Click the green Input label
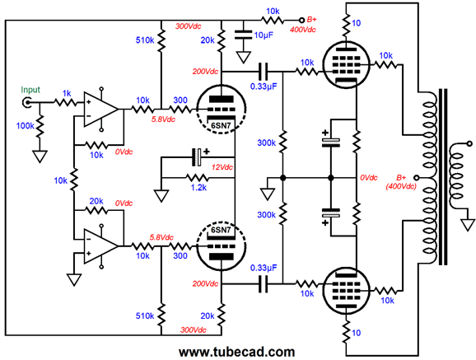coord(30,90)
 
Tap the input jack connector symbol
coord(26,103)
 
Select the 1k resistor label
coord(67,94)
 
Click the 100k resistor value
coord(26,125)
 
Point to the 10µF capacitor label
coord(264,35)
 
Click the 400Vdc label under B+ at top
coord(303,30)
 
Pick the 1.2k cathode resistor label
coord(198,188)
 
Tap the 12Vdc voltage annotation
coord(222,167)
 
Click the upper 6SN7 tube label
coord(221,125)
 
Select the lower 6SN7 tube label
coord(221,230)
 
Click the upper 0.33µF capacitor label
coord(264,86)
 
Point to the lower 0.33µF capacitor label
coord(264,268)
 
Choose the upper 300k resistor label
coord(266,143)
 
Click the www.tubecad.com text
coord(237,352)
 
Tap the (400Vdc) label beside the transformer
coord(401,186)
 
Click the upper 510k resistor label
coord(145,40)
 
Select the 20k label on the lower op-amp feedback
coord(96,201)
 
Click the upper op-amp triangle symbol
coord(101,109)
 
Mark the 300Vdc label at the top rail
coord(189,26)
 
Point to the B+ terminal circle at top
coord(301,21)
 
